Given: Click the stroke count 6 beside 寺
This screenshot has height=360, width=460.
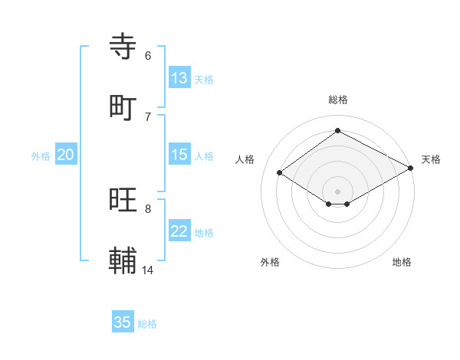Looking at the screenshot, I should point(148,55).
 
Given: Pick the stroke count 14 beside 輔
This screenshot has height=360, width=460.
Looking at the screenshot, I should point(148,270).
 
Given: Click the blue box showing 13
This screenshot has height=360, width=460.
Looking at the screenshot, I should point(179,78).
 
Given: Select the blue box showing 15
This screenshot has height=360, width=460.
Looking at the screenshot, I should point(179,155).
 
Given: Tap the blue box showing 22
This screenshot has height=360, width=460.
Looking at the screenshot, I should point(179,231).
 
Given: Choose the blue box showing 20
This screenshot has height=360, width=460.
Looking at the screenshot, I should point(65,155).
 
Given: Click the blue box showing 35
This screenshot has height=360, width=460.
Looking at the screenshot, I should point(122,322).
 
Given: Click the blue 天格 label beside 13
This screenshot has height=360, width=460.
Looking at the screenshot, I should point(204,80).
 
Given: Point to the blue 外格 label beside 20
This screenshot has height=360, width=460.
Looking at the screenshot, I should point(41,156).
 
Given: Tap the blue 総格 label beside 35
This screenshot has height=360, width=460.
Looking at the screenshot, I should point(147,324).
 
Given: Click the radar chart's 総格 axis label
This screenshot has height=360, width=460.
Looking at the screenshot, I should point(337,100).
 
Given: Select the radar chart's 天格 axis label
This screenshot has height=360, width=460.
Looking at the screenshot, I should point(431,159).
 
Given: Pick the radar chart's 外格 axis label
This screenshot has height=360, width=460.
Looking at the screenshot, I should point(270,263).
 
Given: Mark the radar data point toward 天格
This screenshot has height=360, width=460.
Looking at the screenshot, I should point(411,169).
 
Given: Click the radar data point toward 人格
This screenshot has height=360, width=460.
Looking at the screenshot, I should point(280,173).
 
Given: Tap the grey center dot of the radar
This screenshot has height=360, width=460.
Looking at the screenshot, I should point(337,191).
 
